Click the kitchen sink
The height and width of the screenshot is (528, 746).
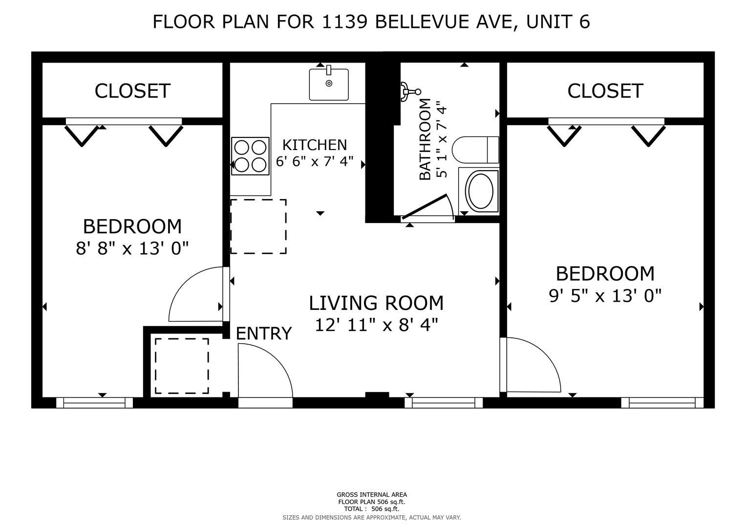(329, 84)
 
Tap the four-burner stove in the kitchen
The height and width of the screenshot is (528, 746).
(250, 156)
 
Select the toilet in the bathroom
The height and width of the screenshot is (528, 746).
(475, 150)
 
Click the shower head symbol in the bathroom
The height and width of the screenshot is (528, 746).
(411, 91)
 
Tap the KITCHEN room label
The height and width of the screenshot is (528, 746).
(315, 145)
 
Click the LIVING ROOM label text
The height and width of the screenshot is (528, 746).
(376, 303)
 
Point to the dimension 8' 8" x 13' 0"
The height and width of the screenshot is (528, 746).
(132, 249)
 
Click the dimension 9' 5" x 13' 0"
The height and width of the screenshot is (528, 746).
(605, 296)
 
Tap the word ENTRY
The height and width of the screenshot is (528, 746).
(264, 333)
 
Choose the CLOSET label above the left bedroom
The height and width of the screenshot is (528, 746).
(132, 91)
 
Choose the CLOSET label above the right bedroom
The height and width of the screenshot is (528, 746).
(605, 91)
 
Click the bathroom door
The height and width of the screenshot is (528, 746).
(425, 207)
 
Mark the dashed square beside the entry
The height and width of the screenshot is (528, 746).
(182, 366)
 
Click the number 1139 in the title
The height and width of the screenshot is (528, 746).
(345, 22)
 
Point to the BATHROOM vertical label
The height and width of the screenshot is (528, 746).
(425, 139)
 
